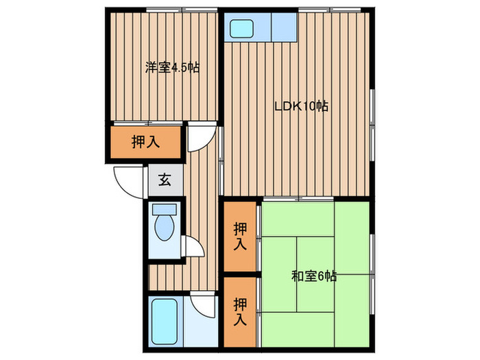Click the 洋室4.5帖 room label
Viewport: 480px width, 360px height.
171,68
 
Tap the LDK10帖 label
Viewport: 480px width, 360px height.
301,106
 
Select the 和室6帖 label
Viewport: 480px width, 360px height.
313,277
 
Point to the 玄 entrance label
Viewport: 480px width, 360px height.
165,181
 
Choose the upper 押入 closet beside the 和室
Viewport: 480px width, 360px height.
239,236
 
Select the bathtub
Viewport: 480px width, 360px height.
164,322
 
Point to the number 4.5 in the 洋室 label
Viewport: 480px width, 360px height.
182,68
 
